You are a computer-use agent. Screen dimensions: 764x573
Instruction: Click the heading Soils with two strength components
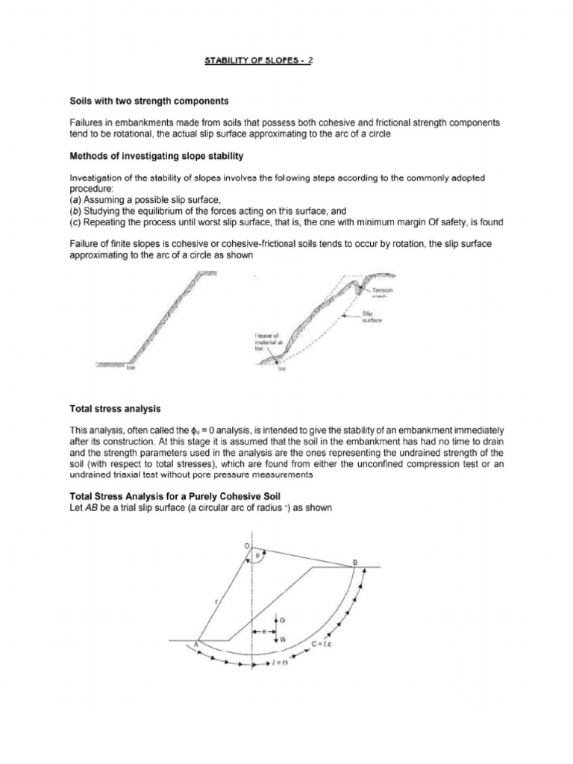pyautogui.click(x=148, y=100)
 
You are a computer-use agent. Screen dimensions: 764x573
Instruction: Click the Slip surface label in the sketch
pyautogui.click(x=372, y=317)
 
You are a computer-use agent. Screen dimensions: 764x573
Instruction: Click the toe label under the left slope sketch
pyautogui.click(x=131, y=368)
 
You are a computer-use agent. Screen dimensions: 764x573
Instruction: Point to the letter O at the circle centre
pyautogui.click(x=248, y=547)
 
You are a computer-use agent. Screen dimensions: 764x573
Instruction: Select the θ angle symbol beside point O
pyautogui.click(x=259, y=554)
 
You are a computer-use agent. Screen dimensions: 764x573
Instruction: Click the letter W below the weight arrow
pyautogui.click(x=283, y=639)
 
